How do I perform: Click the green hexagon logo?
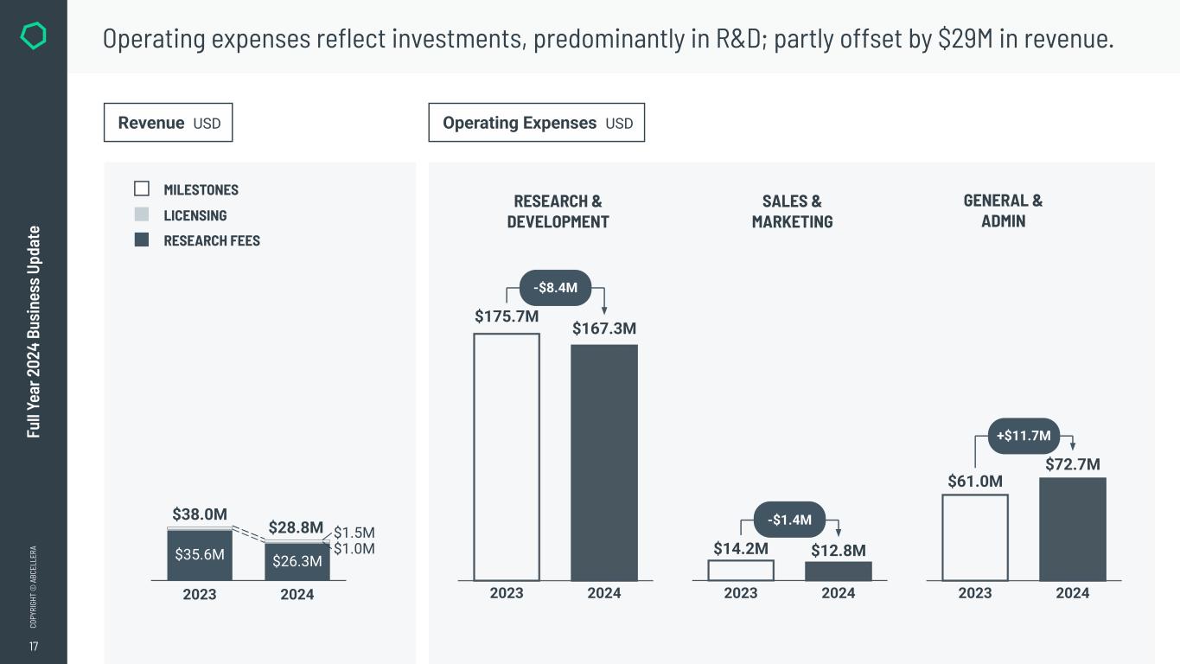coord(33,36)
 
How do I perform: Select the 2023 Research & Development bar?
coord(507,456)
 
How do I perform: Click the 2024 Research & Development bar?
coord(604,463)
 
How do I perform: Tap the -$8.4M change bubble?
coord(555,288)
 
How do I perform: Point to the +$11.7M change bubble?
coord(1024,436)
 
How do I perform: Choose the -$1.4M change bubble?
coord(790,520)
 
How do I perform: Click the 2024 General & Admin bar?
coord(1073,529)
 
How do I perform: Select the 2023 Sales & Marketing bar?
coord(741,571)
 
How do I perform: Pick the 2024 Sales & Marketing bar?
coord(839,571)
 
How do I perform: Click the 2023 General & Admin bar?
coord(975,537)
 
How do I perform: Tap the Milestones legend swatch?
coord(142,188)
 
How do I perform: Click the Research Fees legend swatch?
coord(142,239)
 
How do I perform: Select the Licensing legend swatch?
coord(142,214)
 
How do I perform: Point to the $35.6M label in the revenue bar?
coord(200,555)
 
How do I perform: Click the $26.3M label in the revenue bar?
coord(297,561)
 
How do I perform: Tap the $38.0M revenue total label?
coord(200,514)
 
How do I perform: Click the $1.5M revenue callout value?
coord(354,533)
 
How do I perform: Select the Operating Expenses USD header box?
coord(537,123)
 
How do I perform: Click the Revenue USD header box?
coord(169,123)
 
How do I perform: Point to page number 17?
coord(34,647)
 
